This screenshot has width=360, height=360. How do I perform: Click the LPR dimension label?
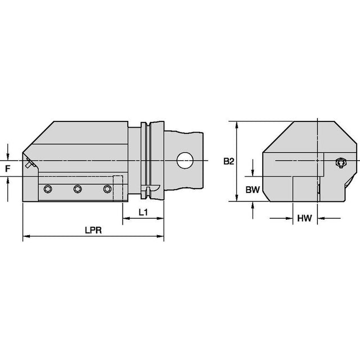click(93, 230)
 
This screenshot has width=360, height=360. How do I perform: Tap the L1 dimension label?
click(143, 213)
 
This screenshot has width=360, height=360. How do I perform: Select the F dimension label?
click(8, 169)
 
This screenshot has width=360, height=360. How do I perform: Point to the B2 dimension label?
click(229, 161)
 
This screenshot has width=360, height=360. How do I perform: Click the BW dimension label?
click(253, 190)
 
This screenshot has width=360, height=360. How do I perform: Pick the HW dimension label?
click(304, 218)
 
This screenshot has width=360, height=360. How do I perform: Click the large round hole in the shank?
click(185, 160)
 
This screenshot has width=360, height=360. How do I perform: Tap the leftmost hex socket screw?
click(48, 189)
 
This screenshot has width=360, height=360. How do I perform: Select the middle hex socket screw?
click(78, 189)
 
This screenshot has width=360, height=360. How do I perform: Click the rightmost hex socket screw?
click(107, 189)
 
